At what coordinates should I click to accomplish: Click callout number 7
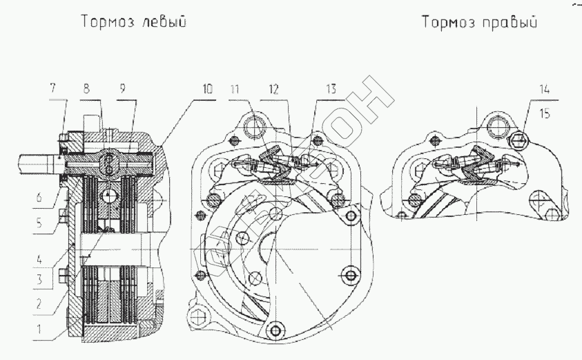(x=53, y=88)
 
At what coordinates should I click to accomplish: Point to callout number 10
(x=208, y=88)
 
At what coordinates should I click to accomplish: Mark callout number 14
(x=545, y=88)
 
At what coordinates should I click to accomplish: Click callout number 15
(x=546, y=114)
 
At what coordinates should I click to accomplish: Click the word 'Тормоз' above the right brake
(x=446, y=23)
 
